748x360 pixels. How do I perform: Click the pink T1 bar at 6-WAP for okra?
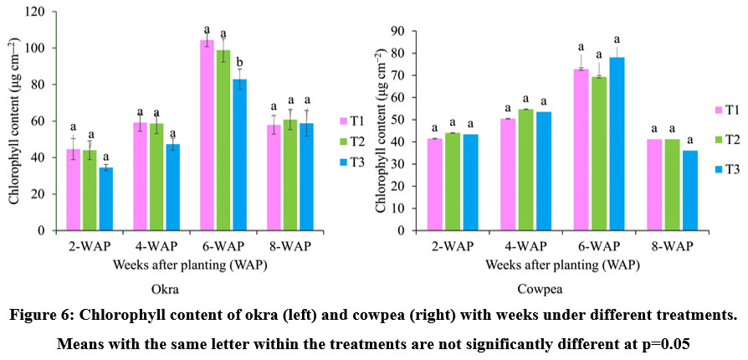207,135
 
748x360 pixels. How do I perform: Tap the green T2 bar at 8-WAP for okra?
289,175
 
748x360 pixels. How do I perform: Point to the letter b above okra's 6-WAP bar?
240,60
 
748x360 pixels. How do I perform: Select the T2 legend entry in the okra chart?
352,141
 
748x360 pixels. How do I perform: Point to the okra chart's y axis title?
14,121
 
